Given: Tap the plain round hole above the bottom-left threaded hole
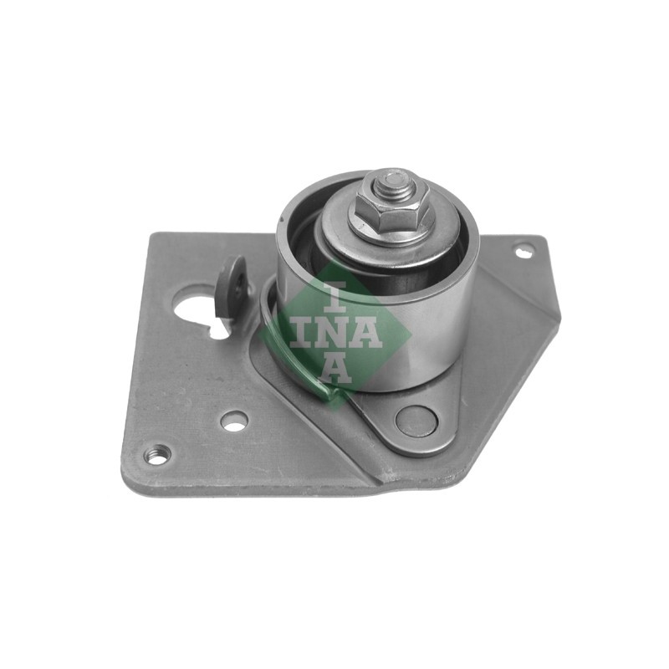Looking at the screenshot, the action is (x=234, y=421).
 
